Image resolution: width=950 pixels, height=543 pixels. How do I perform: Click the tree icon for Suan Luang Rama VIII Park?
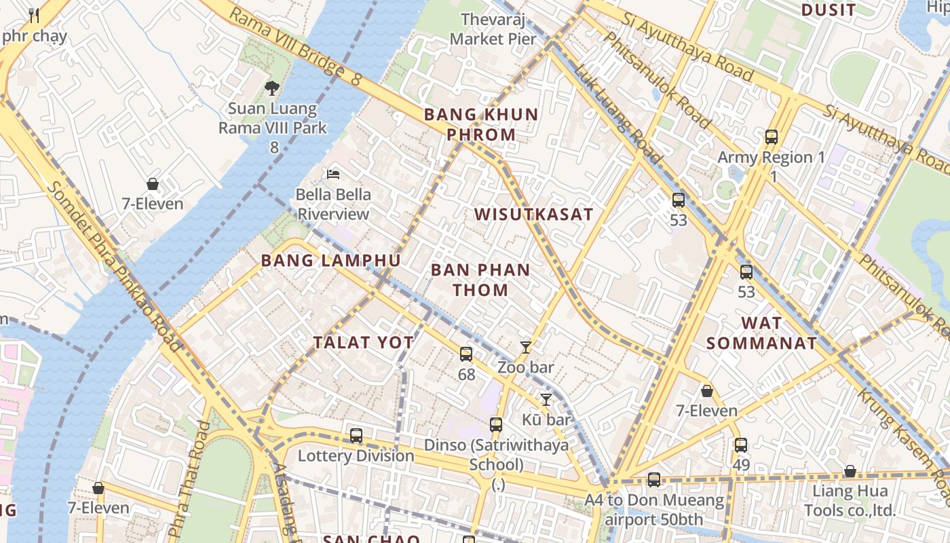coord(272,88)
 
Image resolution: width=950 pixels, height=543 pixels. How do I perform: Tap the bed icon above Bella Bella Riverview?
coord(333,174)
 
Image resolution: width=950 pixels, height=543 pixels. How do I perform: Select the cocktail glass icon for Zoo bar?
coord(526,348)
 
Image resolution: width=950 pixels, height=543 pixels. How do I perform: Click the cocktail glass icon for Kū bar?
coord(546,400)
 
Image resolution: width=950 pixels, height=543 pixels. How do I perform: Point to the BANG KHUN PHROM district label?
coord(481,124)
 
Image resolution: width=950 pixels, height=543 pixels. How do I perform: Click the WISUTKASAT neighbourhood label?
coord(533,214)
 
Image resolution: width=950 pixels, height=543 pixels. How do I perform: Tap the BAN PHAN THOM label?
coord(480,280)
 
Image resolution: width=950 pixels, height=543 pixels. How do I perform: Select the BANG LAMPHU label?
coord(330,261)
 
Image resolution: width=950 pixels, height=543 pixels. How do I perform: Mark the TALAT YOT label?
coord(363,343)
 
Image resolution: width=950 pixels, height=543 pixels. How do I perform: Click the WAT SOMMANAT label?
coord(761,333)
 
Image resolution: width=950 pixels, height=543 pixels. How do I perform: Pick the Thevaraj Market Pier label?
coord(493,29)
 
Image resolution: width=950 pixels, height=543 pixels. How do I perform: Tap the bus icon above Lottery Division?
coord(356,436)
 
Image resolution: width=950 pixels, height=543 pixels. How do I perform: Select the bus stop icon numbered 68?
coord(466,354)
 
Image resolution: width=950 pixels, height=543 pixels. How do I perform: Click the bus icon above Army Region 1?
coord(772,137)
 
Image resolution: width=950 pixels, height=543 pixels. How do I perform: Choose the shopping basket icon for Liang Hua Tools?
coord(850,472)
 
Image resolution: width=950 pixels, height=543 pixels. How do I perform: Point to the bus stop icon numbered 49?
coord(741,446)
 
